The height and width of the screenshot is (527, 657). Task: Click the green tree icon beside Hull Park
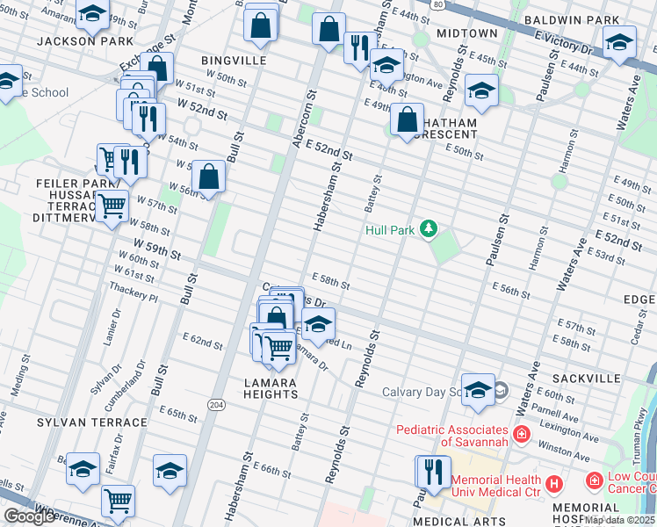click(x=428, y=230)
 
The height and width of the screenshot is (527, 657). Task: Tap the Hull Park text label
click(x=389, y=231)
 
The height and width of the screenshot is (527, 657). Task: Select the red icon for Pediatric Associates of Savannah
click(x=521, y=434)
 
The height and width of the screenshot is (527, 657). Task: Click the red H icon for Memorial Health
click(x=553, y=483)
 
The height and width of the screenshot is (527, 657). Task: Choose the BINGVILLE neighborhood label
click(x=233, y=60)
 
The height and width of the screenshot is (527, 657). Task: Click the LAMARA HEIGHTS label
click(x=271, y=388)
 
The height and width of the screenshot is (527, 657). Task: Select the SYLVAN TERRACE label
click(x=92, y=422)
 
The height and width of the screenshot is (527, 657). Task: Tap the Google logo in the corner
click(x=29, y=516)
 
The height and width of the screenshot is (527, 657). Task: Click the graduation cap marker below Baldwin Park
click(x=619, y=41)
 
